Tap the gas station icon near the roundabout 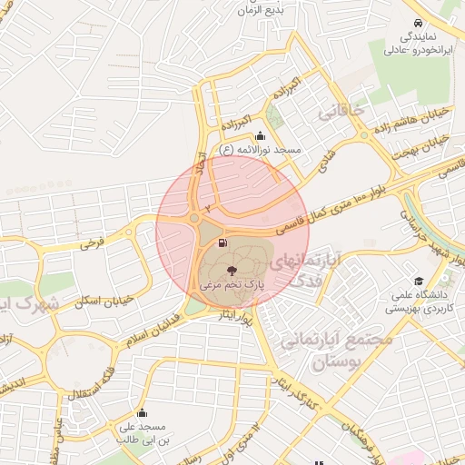click(x=223, y=242)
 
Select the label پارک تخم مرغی click(x=232, y=285)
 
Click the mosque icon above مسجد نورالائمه click(x=261, y=135)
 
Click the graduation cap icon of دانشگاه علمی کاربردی click(x=419, y=282)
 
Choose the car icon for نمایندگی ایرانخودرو click(x=416, y=23)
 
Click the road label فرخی click(x=92, y=243)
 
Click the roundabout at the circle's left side click(x=194, y=218)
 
